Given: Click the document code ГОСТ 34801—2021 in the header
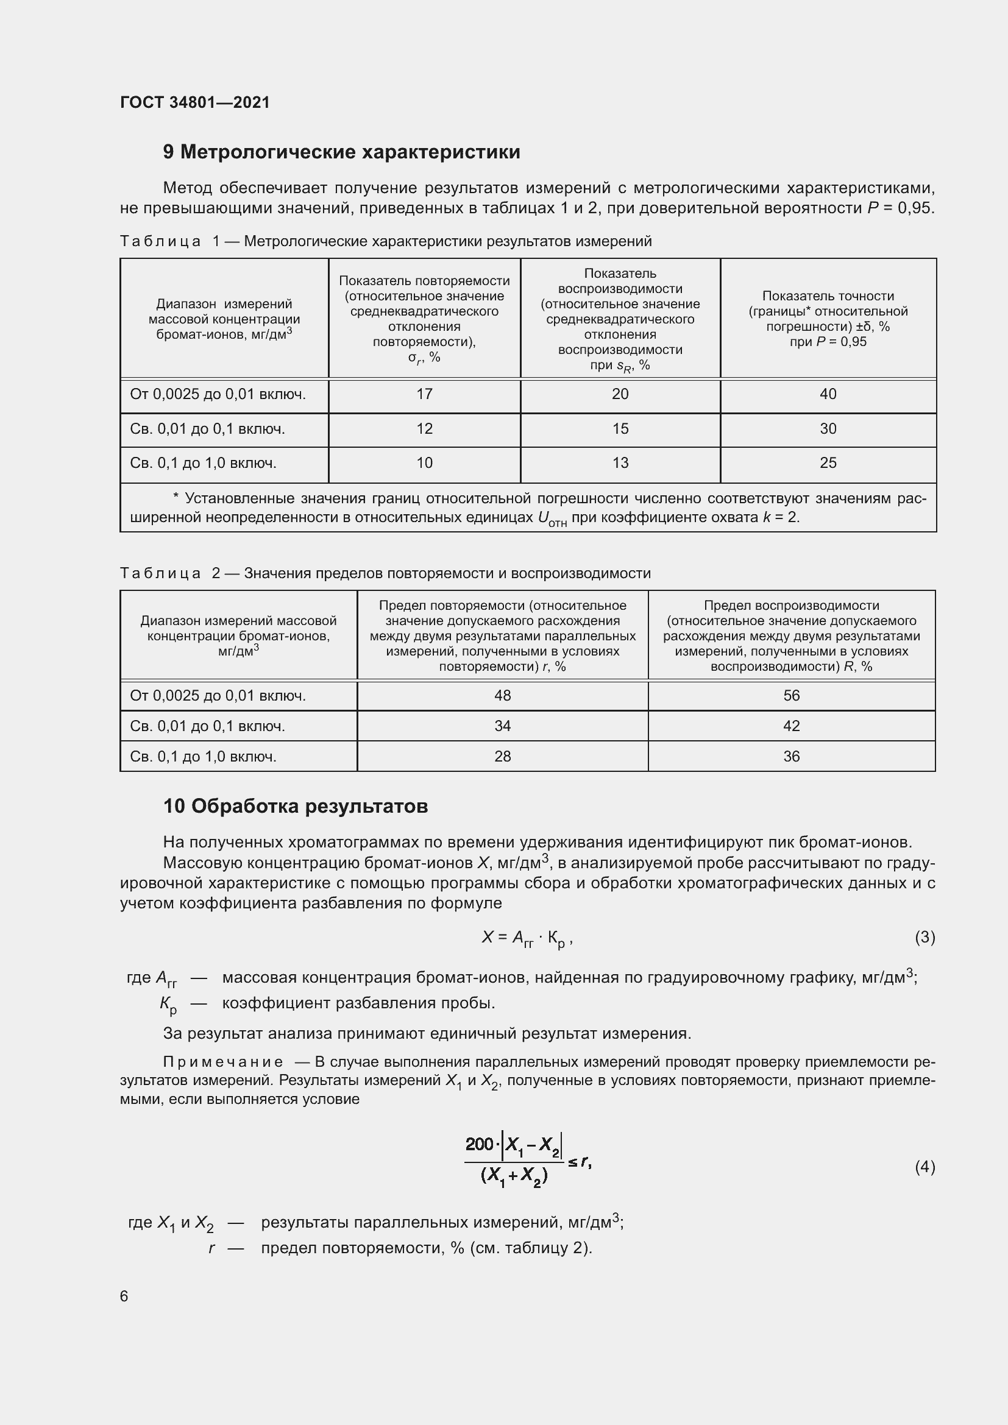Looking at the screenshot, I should pos(195,102).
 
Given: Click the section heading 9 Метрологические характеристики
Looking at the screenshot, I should pos(341,152).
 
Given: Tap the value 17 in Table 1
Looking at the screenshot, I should pos(425,394).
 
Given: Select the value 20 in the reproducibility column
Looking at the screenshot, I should pos(620,394).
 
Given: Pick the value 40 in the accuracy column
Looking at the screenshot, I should pos(828,394).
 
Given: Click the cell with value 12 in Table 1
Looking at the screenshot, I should pos(425,429).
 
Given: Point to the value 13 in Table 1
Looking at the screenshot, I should pos(620,463).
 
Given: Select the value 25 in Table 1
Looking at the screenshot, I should pos(828,463).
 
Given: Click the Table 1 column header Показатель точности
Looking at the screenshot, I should pos(828,296).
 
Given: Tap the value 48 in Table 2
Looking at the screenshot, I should pos(503,696).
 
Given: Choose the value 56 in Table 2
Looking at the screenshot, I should pos(792,696).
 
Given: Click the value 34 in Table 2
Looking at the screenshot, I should pos(503,726).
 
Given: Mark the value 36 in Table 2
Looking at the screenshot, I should pos(792,757).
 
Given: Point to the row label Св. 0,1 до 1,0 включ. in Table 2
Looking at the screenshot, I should pos(203,757).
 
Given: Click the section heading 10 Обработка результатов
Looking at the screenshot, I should pos(296,806).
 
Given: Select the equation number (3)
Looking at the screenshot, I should pos(925,937).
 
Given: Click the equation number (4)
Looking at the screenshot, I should pos(925,1167).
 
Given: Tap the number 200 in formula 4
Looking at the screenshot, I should pos(479,1143).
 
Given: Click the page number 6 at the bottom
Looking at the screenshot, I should pos(124,1296).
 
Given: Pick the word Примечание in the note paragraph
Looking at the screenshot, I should pos(223,1063).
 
